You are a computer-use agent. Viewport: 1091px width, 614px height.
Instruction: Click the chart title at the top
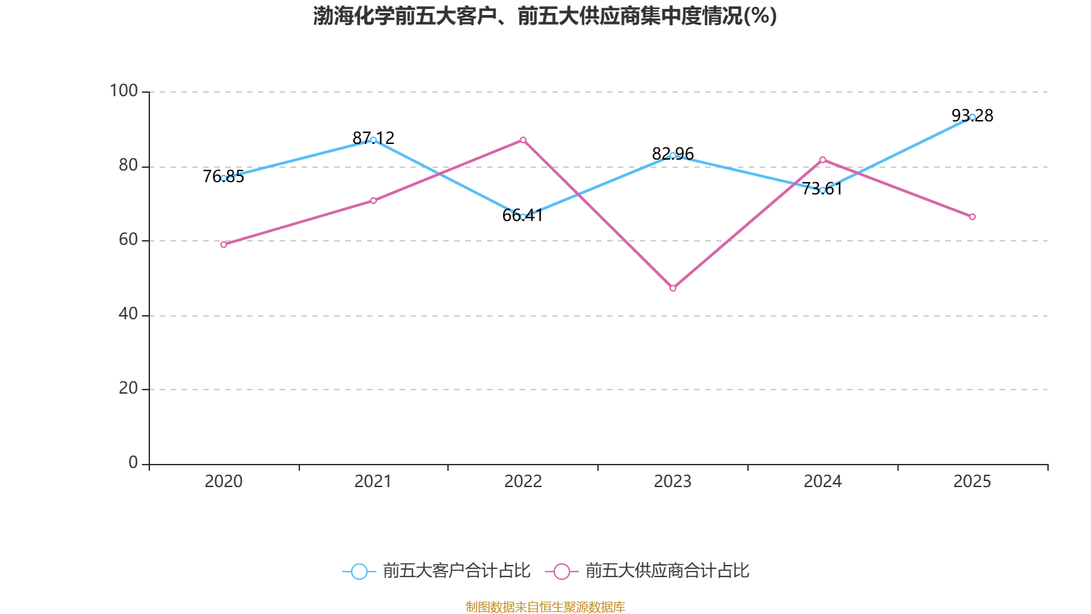[x=545, y=16]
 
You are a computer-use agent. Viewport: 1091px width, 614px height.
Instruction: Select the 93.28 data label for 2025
[x=972, y=115]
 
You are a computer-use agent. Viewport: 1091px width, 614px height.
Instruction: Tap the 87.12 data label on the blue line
[x=373, y=138]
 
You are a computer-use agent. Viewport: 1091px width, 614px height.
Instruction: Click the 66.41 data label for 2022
[x=522, y=215]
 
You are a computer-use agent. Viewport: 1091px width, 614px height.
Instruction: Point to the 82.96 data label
[x=672, y=153]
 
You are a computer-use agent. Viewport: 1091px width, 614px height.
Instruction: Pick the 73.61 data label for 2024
[x=822, y=188]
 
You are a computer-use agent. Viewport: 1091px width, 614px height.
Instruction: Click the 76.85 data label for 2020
[x=223, y=177]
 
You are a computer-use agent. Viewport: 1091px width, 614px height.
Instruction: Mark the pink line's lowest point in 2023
[x=672, y=289]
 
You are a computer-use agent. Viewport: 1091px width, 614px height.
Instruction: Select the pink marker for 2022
[x=523, y=141]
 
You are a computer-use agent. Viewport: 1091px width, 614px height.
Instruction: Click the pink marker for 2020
[x=224, y=245]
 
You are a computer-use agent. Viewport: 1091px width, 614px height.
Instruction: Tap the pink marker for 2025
[x=972, y=217]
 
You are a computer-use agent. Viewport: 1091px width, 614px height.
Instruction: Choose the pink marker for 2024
[x=822, y=160]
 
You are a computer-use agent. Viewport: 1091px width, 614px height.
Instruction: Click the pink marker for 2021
[x=373, y=201]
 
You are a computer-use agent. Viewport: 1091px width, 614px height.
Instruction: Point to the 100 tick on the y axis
[x=123, y=91]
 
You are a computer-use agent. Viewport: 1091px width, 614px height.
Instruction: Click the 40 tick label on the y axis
[x=128, y=315]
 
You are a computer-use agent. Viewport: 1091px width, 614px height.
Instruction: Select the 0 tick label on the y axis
[x=133, y=463]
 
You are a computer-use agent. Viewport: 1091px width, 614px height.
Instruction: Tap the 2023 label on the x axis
[x=672, y=482]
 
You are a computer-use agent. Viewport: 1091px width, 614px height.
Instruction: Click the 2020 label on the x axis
[x=224, y=482]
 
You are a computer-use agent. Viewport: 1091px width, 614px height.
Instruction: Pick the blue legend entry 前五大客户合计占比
[x=436, y=571]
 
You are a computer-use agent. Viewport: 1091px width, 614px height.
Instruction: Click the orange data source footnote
[x=545, y=606]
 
